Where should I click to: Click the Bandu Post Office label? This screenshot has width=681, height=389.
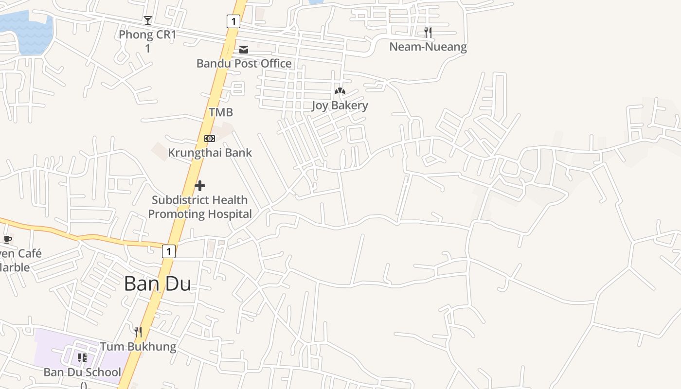[244, 63]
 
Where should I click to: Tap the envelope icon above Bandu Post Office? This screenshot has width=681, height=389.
[244, 50]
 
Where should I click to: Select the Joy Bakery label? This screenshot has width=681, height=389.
[340, 106]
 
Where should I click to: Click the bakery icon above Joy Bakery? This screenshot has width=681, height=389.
[340, 91]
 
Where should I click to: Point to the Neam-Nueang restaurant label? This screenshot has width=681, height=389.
[428, 47]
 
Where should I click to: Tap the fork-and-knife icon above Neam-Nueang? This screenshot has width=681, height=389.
[428, 33]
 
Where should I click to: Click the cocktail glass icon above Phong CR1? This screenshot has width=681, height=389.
[148, 20]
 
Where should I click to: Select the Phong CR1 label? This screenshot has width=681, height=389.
[147, 35]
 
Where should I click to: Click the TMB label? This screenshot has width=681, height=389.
[221, 112]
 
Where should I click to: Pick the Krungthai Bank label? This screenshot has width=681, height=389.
[210, 153]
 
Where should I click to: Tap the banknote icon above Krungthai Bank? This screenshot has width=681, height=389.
[210, 139]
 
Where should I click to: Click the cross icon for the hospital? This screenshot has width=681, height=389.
[200, 186]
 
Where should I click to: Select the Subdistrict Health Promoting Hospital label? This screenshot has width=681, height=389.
[200, 207]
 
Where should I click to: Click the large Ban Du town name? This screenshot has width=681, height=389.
[157, 283]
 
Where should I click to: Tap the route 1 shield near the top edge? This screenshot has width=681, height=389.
[233, 21]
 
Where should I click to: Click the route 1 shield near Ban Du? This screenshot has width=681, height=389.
[168, 251]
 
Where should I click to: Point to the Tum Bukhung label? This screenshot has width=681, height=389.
[138, 347]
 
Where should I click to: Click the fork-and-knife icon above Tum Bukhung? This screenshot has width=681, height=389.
[138, 332]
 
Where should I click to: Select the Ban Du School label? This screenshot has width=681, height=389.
[82, 372]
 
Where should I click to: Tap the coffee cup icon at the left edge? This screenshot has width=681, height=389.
[7, 239]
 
